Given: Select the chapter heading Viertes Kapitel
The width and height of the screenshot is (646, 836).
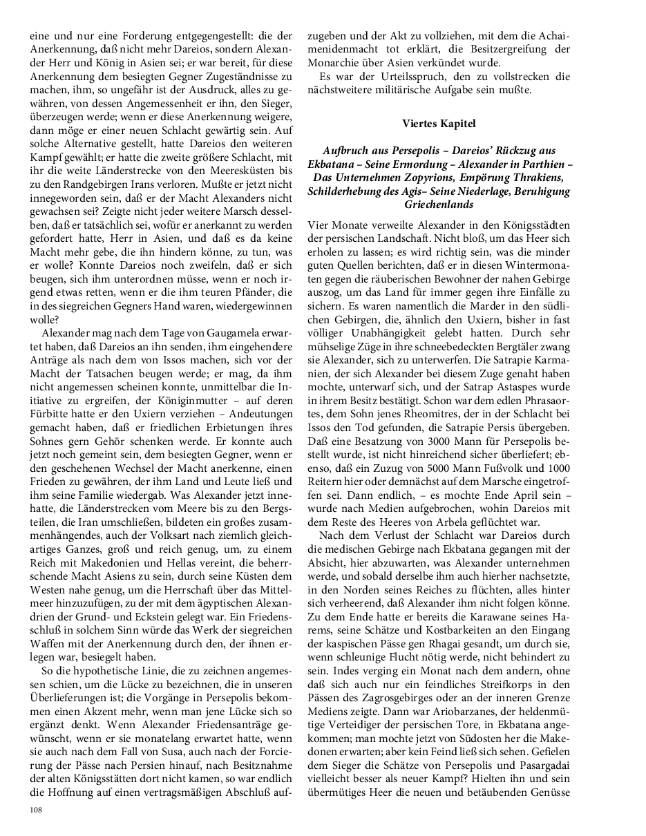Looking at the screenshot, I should coord(439,124).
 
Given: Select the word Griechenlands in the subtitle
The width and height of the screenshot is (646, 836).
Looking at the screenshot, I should coord(439,205).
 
